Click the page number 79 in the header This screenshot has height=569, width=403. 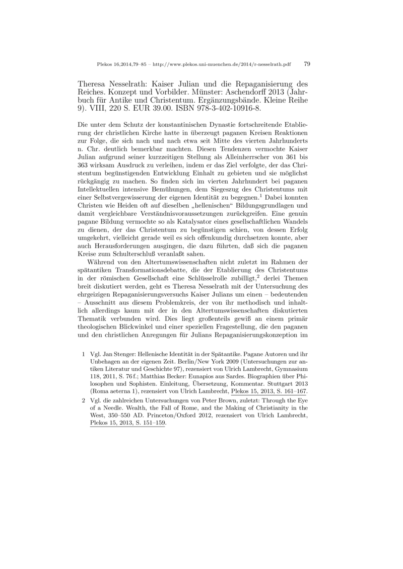(x=307, y=64)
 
